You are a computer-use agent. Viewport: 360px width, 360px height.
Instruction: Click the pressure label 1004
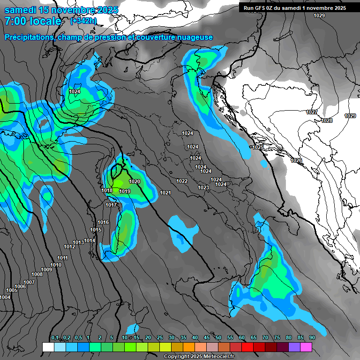click(5, 297)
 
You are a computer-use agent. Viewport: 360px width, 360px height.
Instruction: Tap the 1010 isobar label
click(56, 265)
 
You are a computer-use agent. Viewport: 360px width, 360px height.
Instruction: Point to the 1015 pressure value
click(96, 230)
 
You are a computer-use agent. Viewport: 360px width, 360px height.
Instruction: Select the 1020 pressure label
click(135, 181)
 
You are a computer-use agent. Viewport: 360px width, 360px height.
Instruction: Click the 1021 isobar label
click(165, 193)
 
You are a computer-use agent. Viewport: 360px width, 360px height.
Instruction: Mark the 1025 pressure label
click(258, 147)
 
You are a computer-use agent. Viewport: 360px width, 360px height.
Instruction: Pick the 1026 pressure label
click(296, 160)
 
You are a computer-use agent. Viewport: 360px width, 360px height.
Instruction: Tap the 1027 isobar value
click(311, 112)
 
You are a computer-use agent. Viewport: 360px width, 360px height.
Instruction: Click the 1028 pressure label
click(327, 120)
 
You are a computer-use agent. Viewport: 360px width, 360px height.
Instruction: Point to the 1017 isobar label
click(111, 205)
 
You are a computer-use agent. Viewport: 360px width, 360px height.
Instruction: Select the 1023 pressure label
click(203, 187)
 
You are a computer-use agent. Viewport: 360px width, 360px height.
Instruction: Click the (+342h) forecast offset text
click(83, 21)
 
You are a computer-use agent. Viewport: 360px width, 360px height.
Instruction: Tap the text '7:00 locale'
click(33, 21)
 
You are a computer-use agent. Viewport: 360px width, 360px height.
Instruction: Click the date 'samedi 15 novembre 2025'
click(61, 10)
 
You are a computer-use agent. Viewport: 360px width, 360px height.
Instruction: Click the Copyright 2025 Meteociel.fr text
click(199, 357)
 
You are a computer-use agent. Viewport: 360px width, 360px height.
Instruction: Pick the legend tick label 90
click(312, 337)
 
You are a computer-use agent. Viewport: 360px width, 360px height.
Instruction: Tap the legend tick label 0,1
click(55, 337)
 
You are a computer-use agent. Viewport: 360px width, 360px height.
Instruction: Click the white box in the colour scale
click(48, 347)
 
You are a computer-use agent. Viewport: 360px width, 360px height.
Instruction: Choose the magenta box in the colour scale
click(306, 347)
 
